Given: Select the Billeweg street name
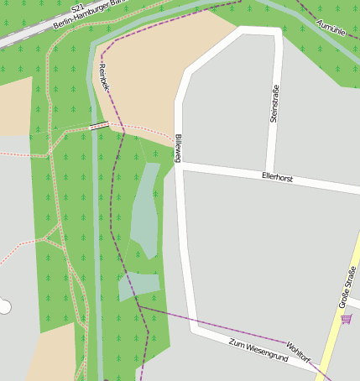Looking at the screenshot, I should [x=178, y=147].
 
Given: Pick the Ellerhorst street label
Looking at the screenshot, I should [x=277, y=178].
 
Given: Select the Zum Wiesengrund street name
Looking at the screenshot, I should [x=258, y=351].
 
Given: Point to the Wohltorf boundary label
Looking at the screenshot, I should [x=298, y=352].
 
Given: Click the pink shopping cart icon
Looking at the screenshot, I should [x=347, y=319].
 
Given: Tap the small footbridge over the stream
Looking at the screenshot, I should [x=99, y=126].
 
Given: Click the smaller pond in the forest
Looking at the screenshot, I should [x=138, y=285].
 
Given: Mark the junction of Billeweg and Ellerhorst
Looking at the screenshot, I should [x=180, y=167].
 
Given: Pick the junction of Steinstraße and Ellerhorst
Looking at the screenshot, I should [x=270, y=174].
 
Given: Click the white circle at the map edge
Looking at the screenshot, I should [x=4, y=306].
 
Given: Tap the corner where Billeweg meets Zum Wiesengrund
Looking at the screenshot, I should [x=196, y=327].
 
